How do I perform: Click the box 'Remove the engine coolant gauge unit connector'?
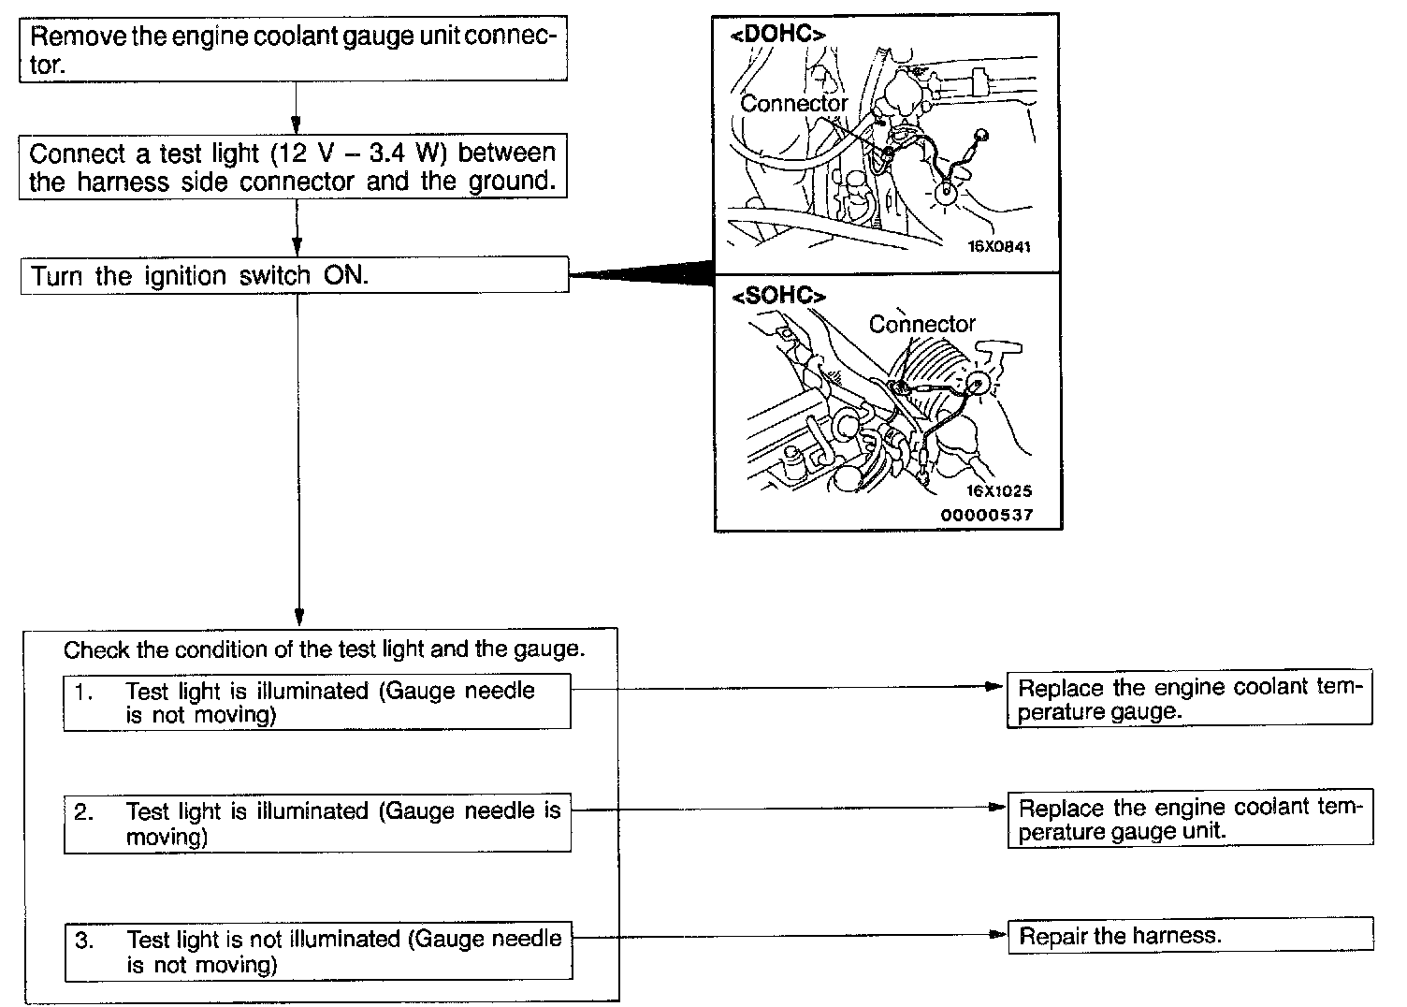[x=294, y=51]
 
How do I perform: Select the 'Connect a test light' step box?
[x=294, y=166]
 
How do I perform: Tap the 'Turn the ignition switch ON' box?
[x=294, y=276]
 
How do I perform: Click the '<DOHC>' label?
[x=777, y=35]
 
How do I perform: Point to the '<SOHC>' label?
[x=779, y=297]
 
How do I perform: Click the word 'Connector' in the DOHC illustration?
[x=793, y=104]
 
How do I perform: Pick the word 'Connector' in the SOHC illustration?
[x=921, y=324]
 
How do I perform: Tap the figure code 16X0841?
[x=998, y=248]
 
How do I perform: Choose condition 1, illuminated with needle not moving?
[x=317, y=703]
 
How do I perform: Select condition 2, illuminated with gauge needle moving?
[x=317, y=824]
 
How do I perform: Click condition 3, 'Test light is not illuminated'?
[x=318, y=952]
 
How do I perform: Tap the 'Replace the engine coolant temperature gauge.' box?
[x=1189, y=699]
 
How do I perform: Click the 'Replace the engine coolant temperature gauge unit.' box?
[x=1189, y=820]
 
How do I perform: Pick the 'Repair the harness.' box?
[x=1190, y=936]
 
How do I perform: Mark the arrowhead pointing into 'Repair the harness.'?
[x=998, y=936]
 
